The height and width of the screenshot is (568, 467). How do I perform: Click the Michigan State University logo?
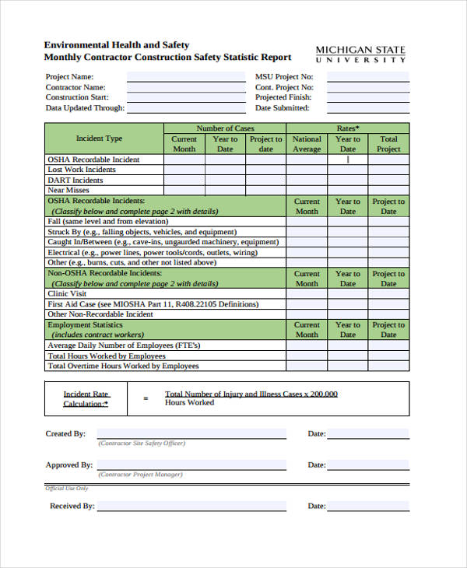point(360,54)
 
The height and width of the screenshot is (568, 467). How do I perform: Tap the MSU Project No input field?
point(367,77)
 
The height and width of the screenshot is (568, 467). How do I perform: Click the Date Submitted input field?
point(367,108)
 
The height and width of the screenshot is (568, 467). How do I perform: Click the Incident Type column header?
point(99,138)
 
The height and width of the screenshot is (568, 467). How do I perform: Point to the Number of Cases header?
point(225,128)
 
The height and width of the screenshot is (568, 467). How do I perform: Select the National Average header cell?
point(307,144)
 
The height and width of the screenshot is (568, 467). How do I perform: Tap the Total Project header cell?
point(388,144)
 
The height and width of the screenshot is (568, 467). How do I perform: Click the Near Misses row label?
point(68,190)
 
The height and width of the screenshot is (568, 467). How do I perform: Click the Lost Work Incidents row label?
point(82,170)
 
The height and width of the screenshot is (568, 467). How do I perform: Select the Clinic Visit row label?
point(68,294)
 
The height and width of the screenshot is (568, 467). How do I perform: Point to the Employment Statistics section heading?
point(86,324)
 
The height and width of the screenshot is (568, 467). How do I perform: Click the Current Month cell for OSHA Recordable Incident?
point(184,160)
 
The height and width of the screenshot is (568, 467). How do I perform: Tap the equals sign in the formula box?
point(146,398)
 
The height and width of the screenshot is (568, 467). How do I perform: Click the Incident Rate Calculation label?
point(86,398)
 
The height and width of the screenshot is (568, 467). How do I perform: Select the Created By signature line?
point(191,434)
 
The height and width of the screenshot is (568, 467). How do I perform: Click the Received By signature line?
point(191,506)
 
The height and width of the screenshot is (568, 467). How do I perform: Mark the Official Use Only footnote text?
point(66,489)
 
